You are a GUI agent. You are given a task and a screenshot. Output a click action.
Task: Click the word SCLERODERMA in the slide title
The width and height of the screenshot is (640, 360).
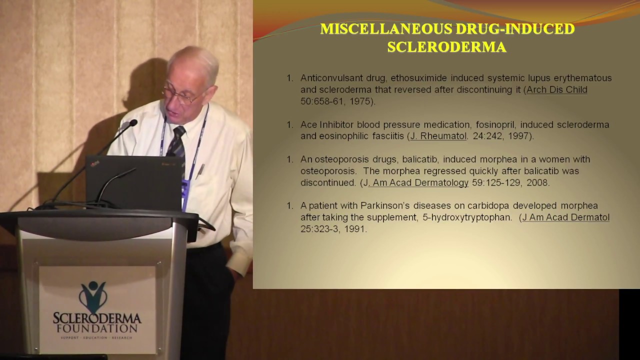(x=446, y=47)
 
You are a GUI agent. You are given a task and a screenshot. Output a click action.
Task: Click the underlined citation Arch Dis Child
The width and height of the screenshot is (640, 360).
(x=556, y=89)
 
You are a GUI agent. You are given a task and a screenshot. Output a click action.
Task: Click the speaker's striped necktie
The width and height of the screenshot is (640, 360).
(x=176, y=142)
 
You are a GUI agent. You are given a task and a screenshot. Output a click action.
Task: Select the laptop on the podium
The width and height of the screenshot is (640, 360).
(x=133, y=182)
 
